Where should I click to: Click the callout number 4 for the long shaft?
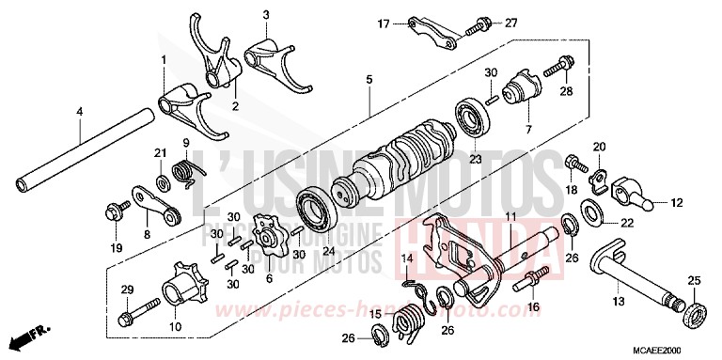(x=80, y=111)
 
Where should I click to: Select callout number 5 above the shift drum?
(x=369, y=79)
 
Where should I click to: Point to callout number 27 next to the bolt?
(x=510, y=23)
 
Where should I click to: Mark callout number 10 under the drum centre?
(x=176, y=326)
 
